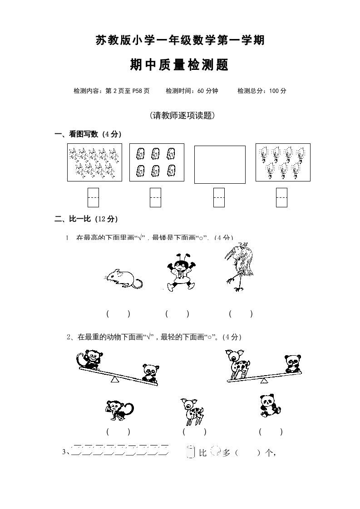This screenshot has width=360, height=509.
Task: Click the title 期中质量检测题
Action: (x=179, y=66)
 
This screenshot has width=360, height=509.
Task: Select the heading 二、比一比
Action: (x=86, y=219)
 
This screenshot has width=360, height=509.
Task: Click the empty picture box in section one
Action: (x=220, y=164)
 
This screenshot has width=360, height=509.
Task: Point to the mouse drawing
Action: (x=123, y=278)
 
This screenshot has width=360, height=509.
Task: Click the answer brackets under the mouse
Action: (x=118, y=313)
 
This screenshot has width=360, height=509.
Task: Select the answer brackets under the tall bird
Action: (x=241, y=313)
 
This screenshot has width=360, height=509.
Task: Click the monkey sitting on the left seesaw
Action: (x=89, y=360)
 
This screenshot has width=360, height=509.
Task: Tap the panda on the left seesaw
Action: (x=148, y=372)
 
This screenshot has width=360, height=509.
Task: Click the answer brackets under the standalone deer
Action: (x=194, y=432)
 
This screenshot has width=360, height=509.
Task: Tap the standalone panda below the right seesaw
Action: (x=270, y=405)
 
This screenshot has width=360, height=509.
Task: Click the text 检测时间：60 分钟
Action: (x=192, y=91)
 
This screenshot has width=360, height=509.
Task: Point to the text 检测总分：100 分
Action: (x=262, y=91)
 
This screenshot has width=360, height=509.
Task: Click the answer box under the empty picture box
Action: (x=219, y=197)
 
